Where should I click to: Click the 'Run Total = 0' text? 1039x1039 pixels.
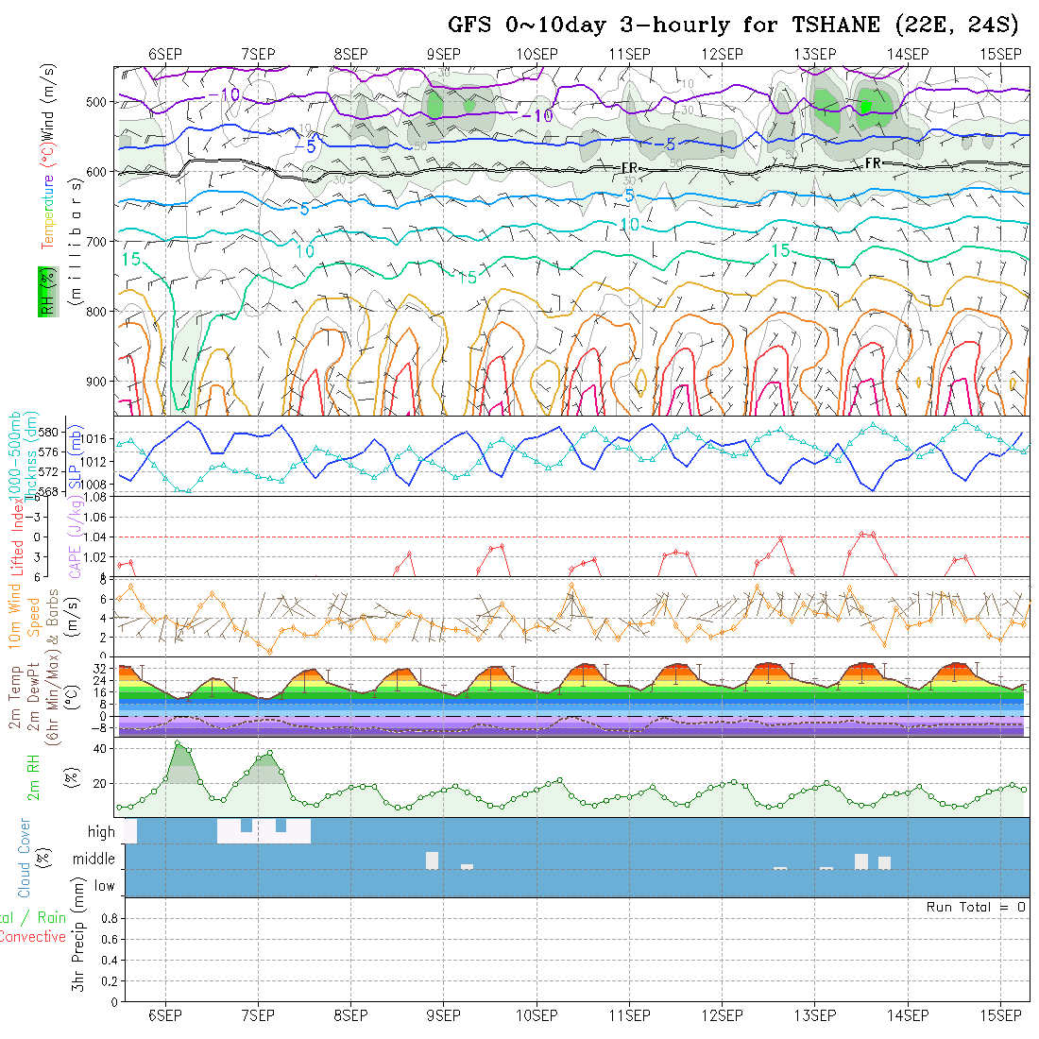click(x=976, y=907)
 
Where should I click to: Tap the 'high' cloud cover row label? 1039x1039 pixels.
click(x=101, y=832)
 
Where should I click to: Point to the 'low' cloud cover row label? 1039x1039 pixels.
click(x=104, y=886)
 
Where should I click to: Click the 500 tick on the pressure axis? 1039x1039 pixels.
click(x=99, y=102)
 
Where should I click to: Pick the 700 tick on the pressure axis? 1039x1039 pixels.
click(x=99, y=241)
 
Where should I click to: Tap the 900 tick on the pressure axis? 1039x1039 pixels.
click(x=99, y=381)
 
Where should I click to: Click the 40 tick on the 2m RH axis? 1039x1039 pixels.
click(x=98, y=748)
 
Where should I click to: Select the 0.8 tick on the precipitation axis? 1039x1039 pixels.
click(x=107, y=917)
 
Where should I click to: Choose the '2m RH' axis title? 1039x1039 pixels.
click(x=33, y=776)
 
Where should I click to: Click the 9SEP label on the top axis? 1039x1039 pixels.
click(x=443, y=53)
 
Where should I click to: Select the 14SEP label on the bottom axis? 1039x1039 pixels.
click(x=907, y=1015)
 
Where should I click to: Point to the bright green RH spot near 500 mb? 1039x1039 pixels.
click(x=864, y=106)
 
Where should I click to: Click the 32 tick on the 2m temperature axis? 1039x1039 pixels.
click(x=100, y=667)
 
